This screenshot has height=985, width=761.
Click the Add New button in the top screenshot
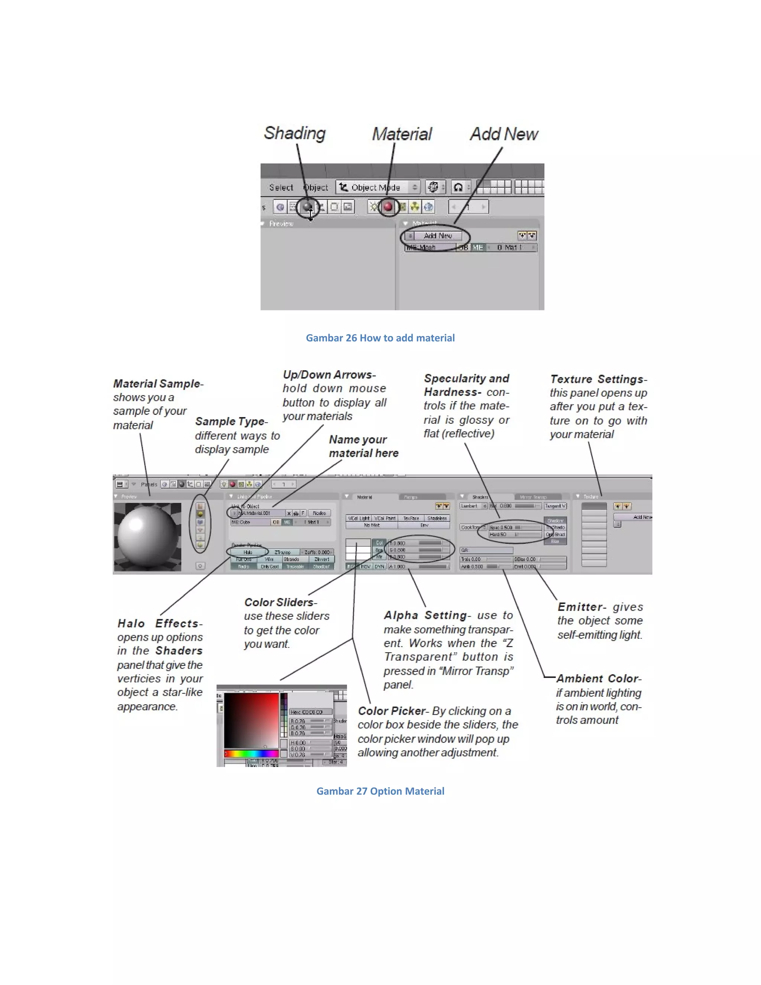coord(437,235)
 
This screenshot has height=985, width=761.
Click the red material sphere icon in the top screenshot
coord(388,207)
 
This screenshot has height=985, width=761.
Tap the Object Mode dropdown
coord(378,187)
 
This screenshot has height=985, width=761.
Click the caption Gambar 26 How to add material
coord(380,338)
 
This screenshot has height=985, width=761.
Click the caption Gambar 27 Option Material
coord(380,791)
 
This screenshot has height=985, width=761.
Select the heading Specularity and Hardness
coord(466,385)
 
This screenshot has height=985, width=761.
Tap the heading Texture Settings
coord(598,379)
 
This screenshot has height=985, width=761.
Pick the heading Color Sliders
coord(280,602)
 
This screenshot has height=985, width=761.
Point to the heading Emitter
coord(581,607)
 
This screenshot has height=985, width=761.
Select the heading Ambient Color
coord(598,678)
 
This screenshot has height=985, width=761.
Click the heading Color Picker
coord(392,711)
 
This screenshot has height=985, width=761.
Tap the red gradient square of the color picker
coord(251,721)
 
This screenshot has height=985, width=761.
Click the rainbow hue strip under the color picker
coord(251,753)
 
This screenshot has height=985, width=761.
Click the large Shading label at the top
coord(294,133)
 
